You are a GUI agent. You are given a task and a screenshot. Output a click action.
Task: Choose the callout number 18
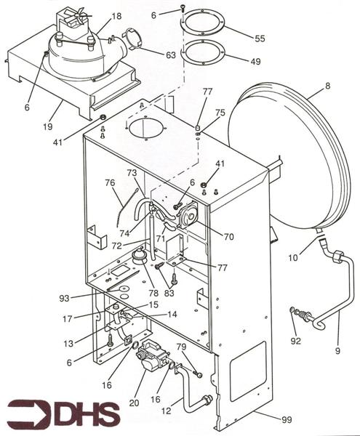point(117,15)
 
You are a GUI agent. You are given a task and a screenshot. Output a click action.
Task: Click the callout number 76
point(110,182)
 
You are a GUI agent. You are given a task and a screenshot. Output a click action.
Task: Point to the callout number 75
point(220,113)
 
